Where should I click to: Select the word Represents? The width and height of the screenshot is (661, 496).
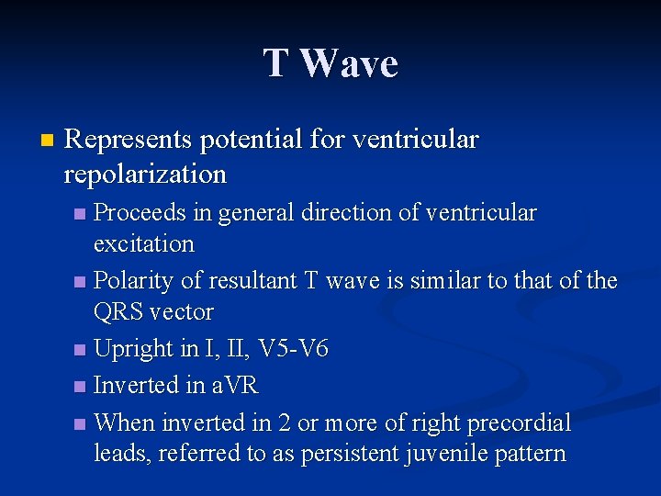pyautogui.click(x=129, y=140)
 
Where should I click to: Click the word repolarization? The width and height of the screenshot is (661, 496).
pyautogui.click(x=145, y=174)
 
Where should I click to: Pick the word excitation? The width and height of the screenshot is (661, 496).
pyautogui.click(x=144, y=244)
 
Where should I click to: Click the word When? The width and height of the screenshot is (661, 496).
pyautogui.click(x=125, y=423)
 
